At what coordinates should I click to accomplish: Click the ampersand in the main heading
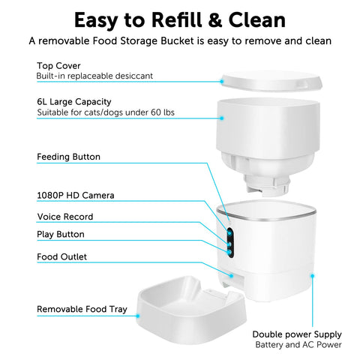click(214, 20)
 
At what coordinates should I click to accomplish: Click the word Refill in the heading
click(176, 20)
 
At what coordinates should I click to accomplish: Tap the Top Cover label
click(58, 66)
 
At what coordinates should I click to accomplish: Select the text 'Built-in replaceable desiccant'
click(94, 76)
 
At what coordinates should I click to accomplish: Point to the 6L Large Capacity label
click(74, 102)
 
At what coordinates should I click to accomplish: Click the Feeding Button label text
click(68, 157)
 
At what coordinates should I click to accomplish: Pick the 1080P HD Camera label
click(76, 195)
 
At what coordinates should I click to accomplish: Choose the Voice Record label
click(65, 217)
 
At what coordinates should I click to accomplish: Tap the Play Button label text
click(61, 235)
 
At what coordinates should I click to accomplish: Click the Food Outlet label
click(61, 256)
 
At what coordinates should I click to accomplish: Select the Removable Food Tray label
click(82, 310)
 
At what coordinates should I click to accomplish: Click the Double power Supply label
click(297, 334)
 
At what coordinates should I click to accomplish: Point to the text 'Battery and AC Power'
click(298, 345)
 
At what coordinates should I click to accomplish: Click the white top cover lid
click(271, 82)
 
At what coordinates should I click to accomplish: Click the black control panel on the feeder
click(230, 242)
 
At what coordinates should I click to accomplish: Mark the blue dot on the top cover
click(222, 82)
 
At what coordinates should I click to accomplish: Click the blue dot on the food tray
click(138, 316)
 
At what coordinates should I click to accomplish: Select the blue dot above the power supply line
click(312, 275)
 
